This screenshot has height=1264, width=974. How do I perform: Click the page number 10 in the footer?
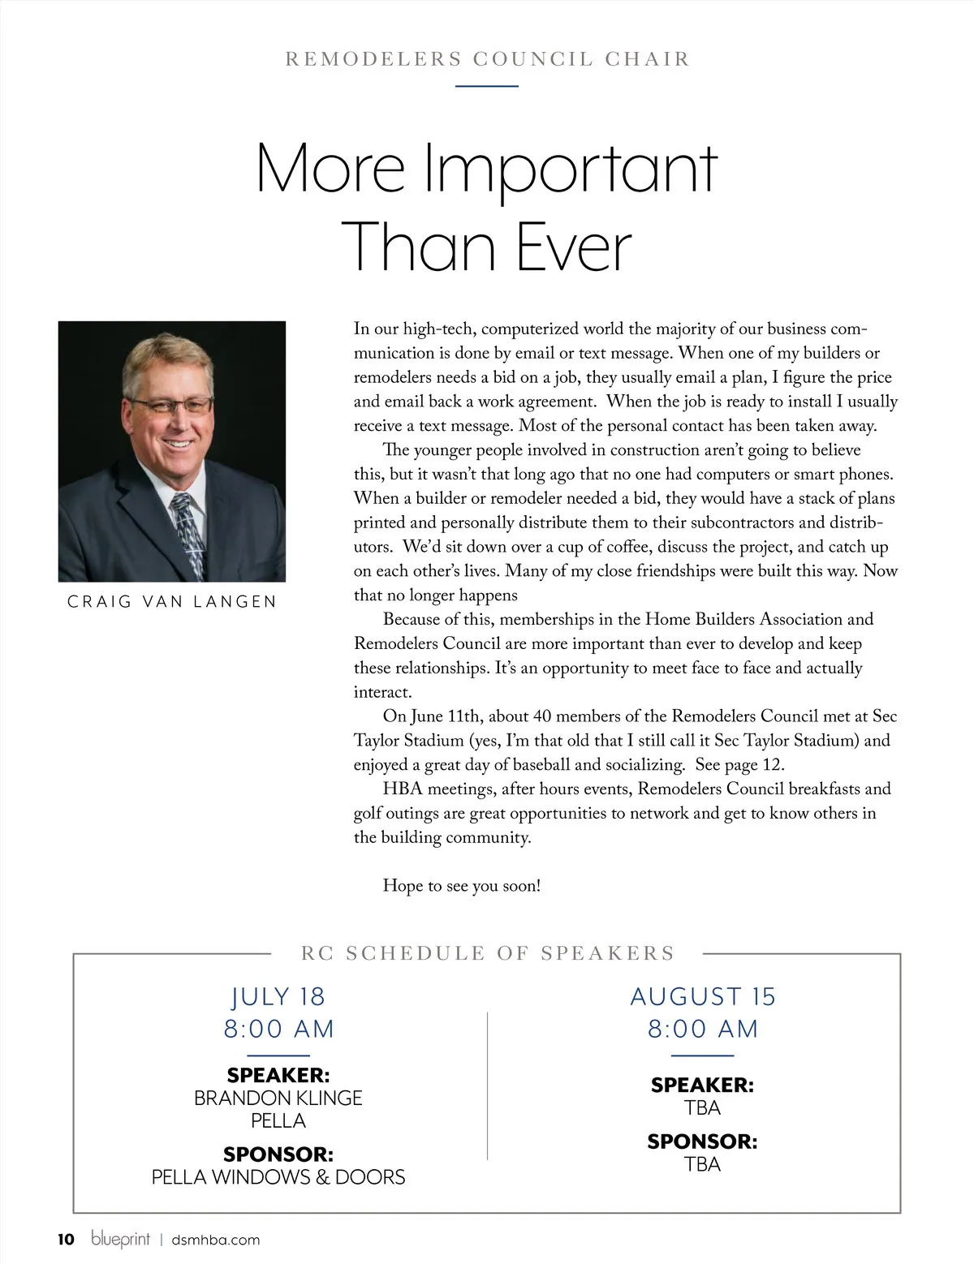click(x=65, y=1239)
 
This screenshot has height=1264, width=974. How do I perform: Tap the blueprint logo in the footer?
click(x=121, y=1240)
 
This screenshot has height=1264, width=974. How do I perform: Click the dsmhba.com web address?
click(x=216, y=1240)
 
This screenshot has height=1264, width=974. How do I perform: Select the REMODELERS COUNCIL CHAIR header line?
click(x=487, y=59)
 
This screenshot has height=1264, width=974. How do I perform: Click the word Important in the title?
click(x=571, y=169)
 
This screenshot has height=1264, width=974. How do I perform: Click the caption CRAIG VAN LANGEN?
click(x=172, y=602)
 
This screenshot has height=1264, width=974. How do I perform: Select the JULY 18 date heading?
click(x=278, y=996)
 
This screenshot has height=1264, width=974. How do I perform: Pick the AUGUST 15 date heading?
click(x=703, y=996)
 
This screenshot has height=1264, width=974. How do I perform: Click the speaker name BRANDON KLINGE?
click(x=278, y=1098)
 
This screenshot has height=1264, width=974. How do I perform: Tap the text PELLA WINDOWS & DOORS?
click(x=278, y=1177)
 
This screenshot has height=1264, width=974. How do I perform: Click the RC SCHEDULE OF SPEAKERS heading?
click(x=488, y=953)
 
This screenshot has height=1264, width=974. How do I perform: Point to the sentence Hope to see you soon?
click(x=461, y=886)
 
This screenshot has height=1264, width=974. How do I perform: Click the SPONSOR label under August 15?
click(x=702, y=1141)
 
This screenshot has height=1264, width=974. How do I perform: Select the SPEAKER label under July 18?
click(x=278, y=1076)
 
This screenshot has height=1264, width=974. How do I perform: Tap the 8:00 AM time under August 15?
click(x=703, y=1029)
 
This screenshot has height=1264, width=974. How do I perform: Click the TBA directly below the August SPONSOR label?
click(x=702, y=1164)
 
